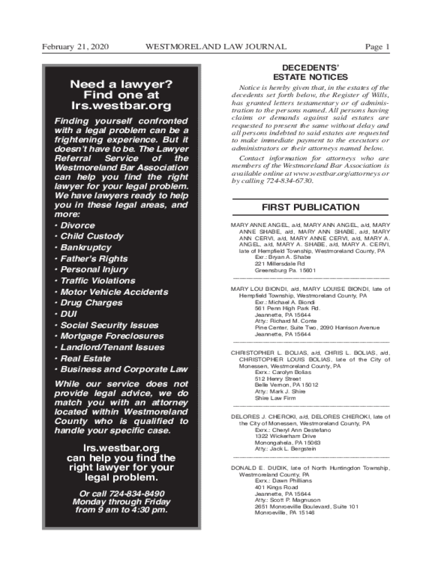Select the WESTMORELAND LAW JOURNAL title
(216, 47)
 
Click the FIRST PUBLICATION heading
(311, 207)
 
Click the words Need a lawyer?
(121, 84)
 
